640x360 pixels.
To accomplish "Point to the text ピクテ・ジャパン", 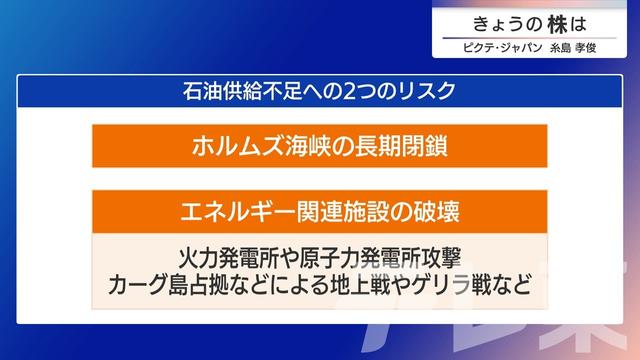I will click(497, 47).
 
